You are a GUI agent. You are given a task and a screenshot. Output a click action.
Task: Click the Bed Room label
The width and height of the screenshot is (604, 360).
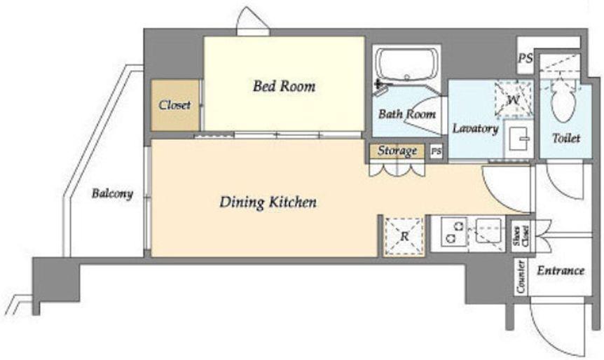284,86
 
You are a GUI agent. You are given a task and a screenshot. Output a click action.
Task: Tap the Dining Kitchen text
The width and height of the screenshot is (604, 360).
268,202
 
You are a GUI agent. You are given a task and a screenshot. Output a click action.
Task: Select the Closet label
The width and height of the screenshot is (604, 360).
174,105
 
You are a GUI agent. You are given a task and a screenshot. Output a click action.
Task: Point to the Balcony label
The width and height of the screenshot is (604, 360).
112,193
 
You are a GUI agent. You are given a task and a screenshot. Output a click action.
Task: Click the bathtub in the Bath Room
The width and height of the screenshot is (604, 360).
407,64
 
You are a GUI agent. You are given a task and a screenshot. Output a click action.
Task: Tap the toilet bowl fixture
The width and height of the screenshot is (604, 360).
563,99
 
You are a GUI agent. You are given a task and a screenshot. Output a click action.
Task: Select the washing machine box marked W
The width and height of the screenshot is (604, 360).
513,99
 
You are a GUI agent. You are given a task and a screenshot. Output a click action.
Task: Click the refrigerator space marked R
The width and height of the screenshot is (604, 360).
404,236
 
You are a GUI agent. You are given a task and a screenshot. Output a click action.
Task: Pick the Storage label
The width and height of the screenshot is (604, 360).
397,151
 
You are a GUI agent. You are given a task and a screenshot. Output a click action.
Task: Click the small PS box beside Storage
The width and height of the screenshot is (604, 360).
436,151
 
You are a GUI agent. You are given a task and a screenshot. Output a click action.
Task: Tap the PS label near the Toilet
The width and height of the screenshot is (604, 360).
525,58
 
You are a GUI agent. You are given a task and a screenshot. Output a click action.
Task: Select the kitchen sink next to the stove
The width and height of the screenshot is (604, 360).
488,230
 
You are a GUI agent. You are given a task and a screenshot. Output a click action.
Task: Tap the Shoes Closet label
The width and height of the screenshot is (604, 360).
521,236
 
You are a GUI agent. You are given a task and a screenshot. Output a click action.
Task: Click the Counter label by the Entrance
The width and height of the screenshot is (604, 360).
521,277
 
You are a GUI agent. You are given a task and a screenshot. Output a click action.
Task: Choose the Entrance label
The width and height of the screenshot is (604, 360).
561,270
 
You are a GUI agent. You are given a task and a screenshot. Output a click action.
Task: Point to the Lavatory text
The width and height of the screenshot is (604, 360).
475,128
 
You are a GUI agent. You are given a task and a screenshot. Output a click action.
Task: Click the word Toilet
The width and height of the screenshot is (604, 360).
566,138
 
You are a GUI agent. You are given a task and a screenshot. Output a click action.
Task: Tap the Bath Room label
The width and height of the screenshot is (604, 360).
407,114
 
